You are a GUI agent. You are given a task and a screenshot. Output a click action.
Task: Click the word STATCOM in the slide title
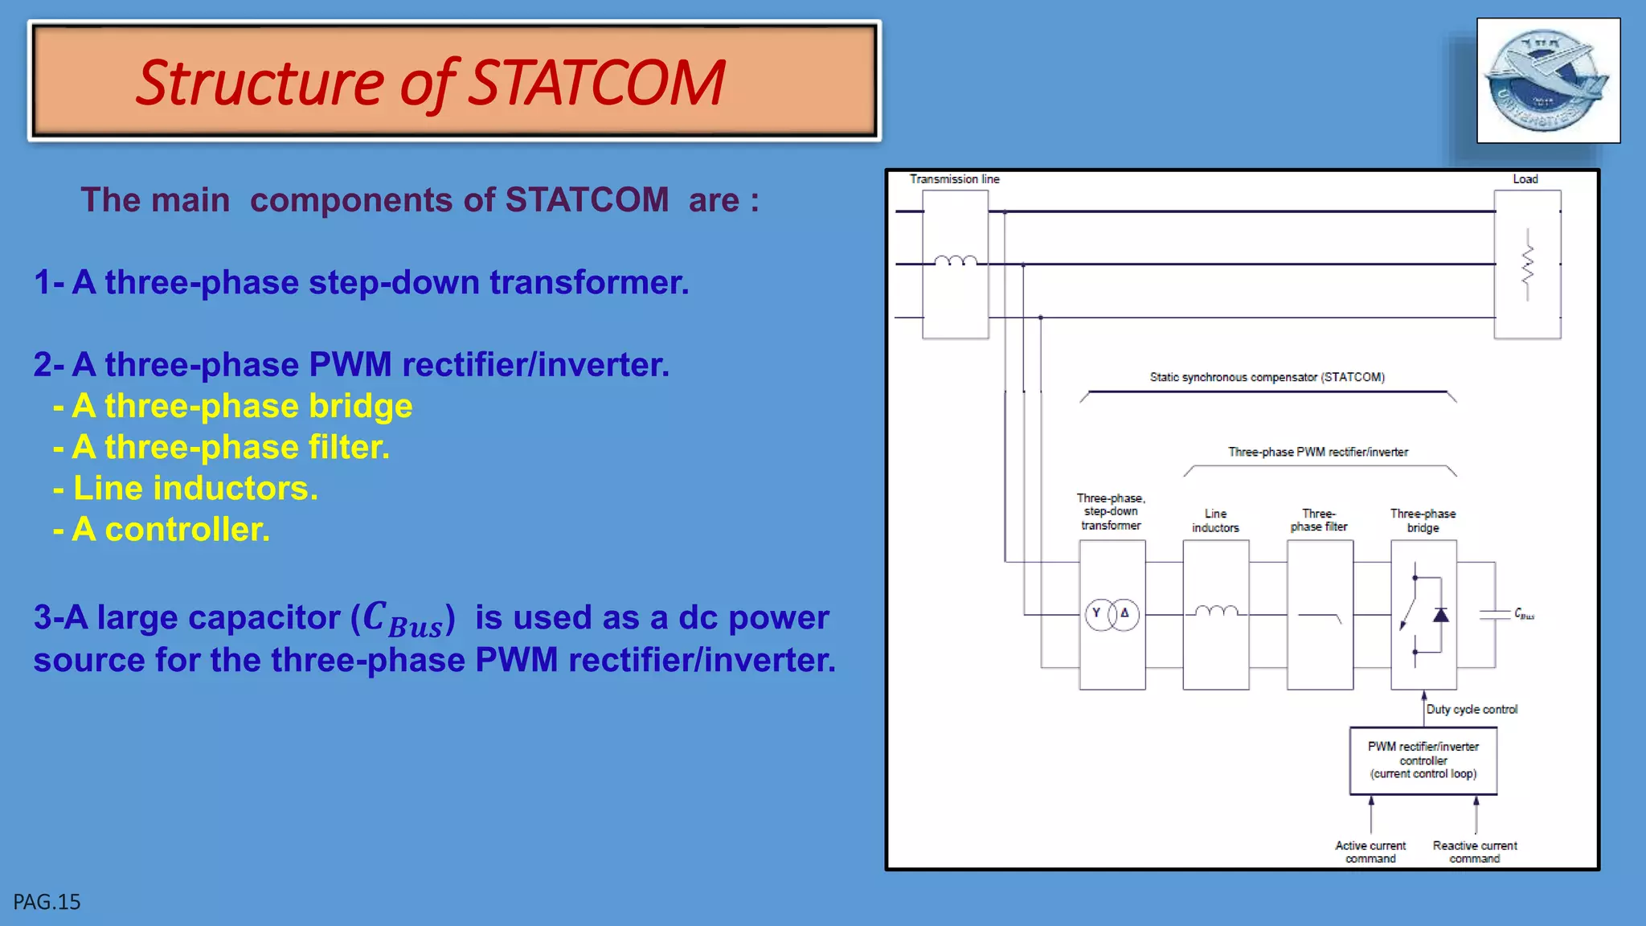596,83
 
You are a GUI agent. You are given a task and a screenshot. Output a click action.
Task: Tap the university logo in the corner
1548,80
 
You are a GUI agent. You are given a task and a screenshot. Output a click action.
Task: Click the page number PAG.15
47,902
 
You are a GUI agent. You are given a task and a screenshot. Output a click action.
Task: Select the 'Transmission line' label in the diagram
954,179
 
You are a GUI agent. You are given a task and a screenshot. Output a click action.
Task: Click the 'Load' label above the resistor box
1525,179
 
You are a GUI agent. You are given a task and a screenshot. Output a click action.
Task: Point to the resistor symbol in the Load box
1527,264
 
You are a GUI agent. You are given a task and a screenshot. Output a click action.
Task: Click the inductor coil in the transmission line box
956,260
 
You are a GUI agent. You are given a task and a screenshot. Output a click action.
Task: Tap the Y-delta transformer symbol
1112,615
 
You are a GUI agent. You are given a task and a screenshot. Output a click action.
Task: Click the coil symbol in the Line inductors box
1215,612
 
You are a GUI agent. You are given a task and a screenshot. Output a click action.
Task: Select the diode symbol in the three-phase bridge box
1440,615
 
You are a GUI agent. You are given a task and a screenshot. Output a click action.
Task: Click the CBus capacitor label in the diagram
1524,614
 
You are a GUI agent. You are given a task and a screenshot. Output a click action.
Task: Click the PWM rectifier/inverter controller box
1423,760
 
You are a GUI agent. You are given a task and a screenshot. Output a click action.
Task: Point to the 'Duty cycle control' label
1472,709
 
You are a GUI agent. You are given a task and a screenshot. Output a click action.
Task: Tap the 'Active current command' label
1370,852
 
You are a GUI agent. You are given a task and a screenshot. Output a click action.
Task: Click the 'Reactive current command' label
1474,852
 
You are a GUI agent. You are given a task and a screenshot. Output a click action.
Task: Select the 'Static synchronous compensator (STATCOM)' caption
1267,377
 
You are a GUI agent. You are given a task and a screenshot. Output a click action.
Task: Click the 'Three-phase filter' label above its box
1318,520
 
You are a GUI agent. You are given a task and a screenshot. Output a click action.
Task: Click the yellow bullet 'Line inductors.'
195,489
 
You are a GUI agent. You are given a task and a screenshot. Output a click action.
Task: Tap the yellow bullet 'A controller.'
170,530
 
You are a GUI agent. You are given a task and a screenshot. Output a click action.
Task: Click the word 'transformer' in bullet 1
588,283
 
